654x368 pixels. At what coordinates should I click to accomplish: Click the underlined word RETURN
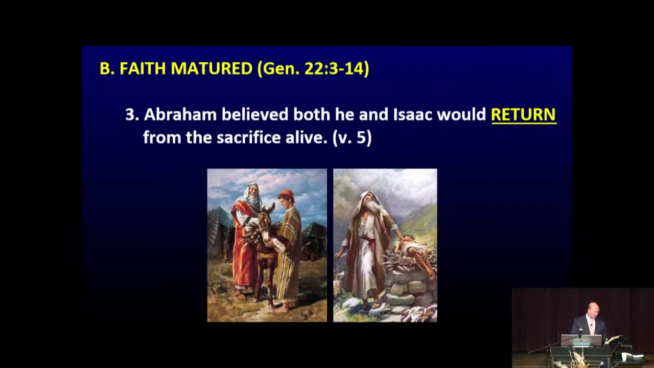point(524,114)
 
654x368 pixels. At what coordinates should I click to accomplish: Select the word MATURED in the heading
point(212,68)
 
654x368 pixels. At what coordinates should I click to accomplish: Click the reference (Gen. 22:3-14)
point(313,68)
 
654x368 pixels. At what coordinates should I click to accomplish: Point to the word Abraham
point(180,114)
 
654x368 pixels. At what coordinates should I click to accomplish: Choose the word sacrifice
point(248,137)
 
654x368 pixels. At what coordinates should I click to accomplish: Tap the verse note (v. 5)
point(352,137)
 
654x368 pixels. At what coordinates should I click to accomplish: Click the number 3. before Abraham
point(132,114)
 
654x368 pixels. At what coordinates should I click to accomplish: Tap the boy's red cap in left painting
point(286,194)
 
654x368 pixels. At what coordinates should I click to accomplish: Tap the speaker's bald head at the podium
point(593,308)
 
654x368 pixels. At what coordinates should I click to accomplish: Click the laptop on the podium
point(581,340)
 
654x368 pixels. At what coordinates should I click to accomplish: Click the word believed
point(255,114)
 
